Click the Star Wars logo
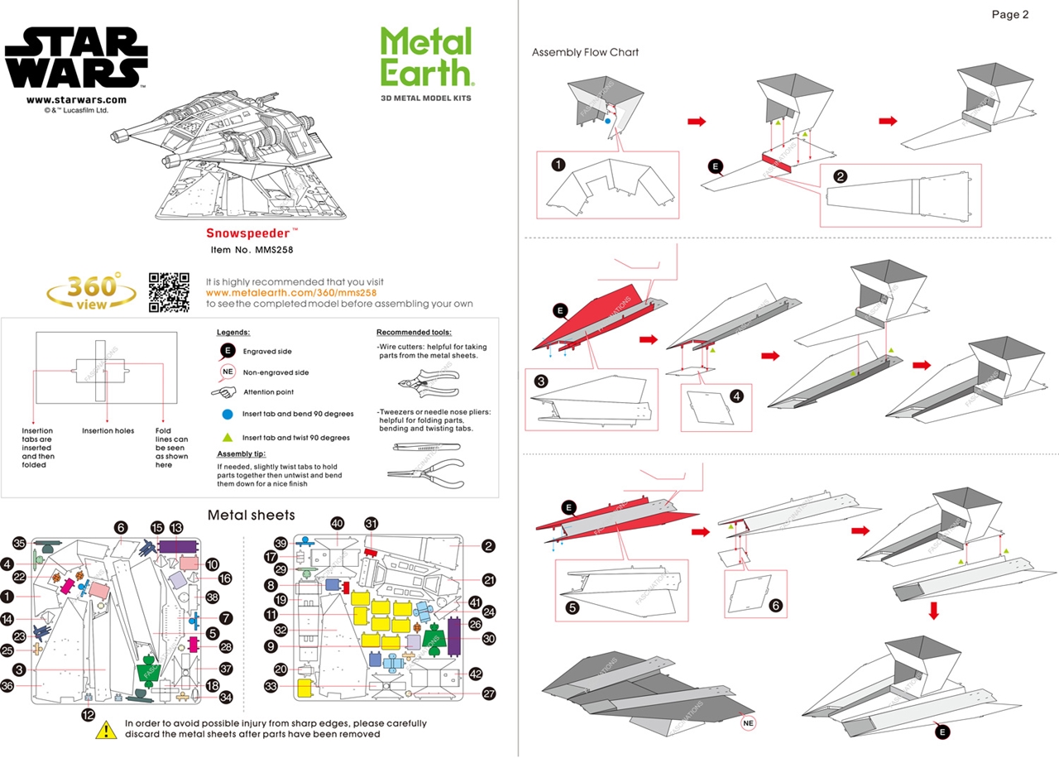pos(76,57)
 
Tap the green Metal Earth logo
pos(426,56)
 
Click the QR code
pos(170,292)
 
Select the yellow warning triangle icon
pos(106,729)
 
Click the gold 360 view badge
pos(92,293)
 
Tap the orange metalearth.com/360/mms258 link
pos(291,293)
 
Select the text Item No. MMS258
pos(252,249)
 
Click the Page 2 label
pos(1009,14)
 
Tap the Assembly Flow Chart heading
pos(585,52)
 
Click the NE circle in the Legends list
pos(228,372)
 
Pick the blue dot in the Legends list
pos(228,413)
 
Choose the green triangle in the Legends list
pos(228,437)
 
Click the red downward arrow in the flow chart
pos(934,611)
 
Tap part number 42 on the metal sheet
pos(475,674)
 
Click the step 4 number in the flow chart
pos(736,396)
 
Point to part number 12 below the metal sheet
pos(89,713)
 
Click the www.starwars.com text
pos(76,100)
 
